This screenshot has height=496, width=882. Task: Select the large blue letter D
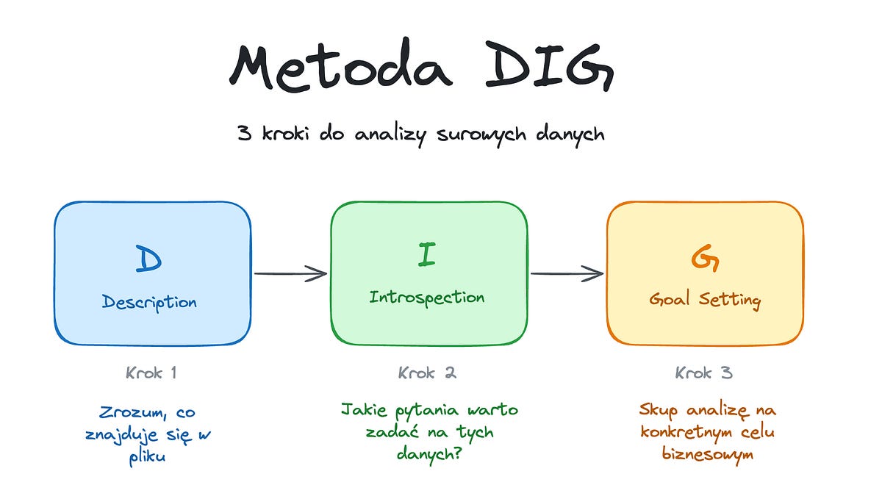pyautogui.click(x=149, y=259)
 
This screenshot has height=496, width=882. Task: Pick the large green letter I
pyautogui.click(x=426, y=255)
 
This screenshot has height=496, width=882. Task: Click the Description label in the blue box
pyautogui.click(x=149, y=301)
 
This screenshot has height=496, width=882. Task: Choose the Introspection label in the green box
pyautogui.click(x=426, y=298)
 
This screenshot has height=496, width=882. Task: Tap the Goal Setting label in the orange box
pyautogui.click(x=705, y=300)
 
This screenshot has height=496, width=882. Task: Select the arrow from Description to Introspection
pyautogui.click(x=290, y=273)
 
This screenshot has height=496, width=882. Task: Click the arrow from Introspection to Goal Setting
pyautogui.click(x=567, y=273)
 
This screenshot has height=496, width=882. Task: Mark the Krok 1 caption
pyautogui.click(x=151, y=373)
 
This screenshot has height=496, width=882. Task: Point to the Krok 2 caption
pyautogui.click(x=427, y=373)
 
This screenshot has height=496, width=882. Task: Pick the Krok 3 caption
pyautogui.click(x=704, y=373)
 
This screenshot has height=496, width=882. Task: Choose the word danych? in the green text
pyautogui.click(x=428, y=455)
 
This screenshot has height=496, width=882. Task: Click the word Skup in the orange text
pyautogui.click(x=656, y=410)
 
